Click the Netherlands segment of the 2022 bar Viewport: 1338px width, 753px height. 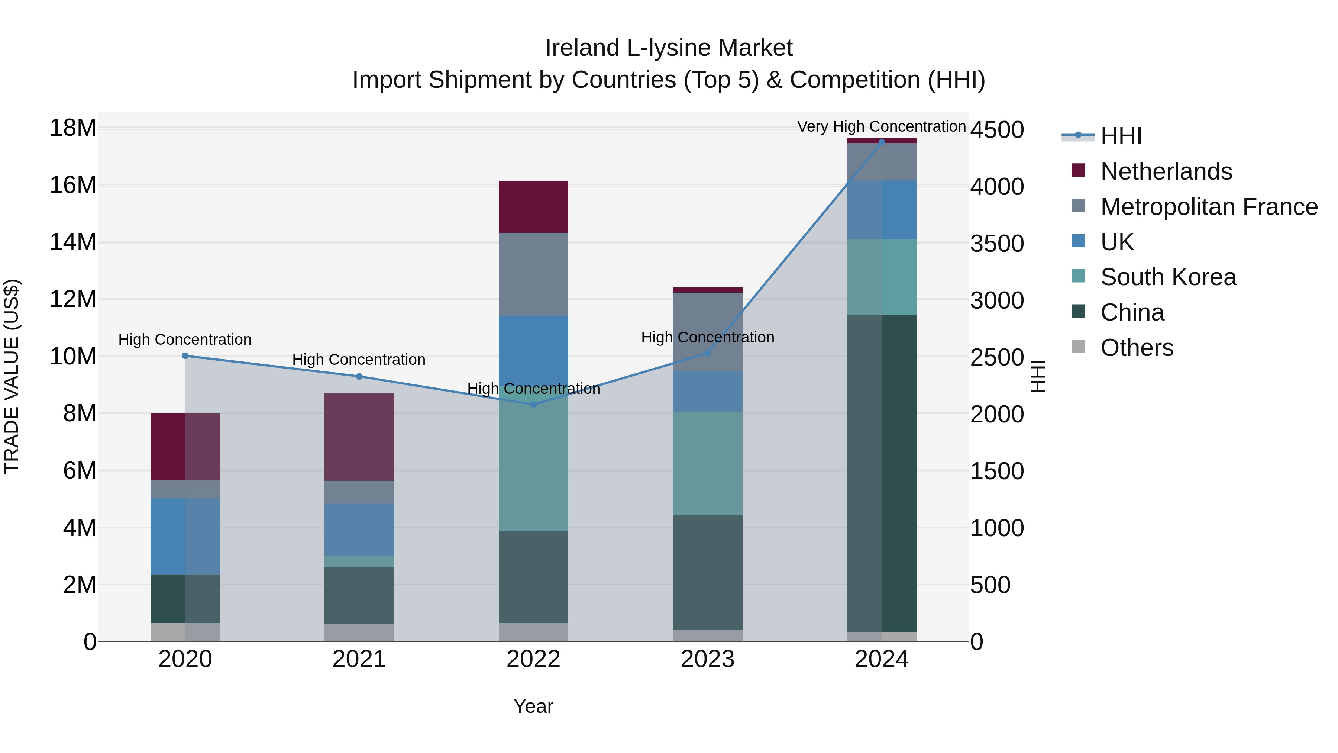tap(533, 207)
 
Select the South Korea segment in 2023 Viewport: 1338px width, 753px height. tap(707, 464)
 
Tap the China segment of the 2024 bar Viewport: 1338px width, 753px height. tap(882, 473)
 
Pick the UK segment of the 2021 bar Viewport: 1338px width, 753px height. tap(359, 530)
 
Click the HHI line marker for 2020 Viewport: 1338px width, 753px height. tap(185, 356)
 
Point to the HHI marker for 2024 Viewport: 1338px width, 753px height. tap(882, 142)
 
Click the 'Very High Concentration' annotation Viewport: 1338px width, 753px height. tap(882, 126)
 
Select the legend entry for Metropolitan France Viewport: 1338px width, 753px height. tap(1209, 207)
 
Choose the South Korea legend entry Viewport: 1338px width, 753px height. tap(1168, 277)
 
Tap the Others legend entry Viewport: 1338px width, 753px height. tap(1137, 348)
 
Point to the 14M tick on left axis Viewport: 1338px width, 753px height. tap(73, 242)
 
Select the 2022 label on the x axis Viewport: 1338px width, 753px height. tap(533, 659)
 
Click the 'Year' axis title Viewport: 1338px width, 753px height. tap(533, 706)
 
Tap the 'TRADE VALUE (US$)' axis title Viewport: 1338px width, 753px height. tap(12, 376)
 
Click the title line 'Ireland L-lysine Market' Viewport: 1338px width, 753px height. tap(669, 48)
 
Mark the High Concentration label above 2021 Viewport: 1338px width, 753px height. tap(359, 360)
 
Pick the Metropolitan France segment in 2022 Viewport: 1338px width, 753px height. tap(533, 274)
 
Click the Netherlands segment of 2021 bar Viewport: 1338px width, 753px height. tap(359, 437)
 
